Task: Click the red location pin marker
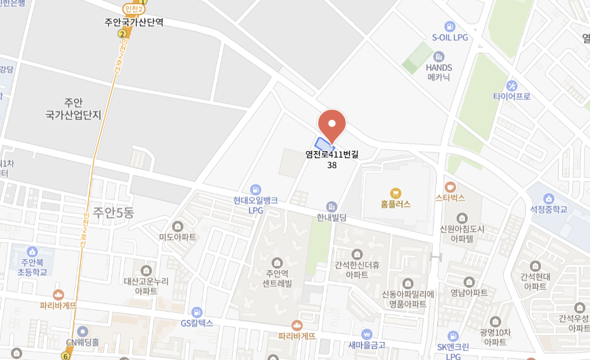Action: [332, 125]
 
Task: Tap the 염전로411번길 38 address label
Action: [332, 159]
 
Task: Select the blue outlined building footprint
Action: [324, 144]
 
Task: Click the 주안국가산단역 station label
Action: [134, 22]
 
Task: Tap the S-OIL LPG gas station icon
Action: [450, 26]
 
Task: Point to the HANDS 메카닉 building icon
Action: [438, 57]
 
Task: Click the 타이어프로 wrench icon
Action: [512, 86]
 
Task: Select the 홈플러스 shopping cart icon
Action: [395, 192]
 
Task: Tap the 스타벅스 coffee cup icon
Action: [450, 186]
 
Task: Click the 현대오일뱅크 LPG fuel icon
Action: [255, 189]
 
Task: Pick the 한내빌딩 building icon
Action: [332, 207]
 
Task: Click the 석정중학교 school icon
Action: [549, 198]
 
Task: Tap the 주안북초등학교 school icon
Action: [32, 251]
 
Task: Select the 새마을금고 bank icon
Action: [367, 334]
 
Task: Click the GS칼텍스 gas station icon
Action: [197, 312]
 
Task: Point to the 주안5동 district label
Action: [113, 213]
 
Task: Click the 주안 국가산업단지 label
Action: [73, 109]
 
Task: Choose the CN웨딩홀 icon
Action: [83, 331]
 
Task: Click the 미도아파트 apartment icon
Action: [178, 226]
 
